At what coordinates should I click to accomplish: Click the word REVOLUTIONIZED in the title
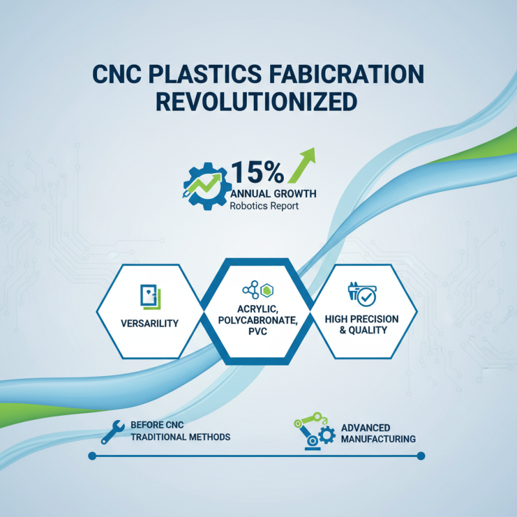click(x=258, y=102)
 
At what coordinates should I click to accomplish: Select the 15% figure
click(x=257, y=173)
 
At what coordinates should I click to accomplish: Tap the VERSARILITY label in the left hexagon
click(x=149, y=323)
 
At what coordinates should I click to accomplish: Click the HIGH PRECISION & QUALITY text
click(x=361, y=324)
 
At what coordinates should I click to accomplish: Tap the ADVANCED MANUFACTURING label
click(x=377, y=434)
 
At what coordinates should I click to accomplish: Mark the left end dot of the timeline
click(x=92, y=456)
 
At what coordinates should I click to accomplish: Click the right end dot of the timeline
click(x=421, y=456)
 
